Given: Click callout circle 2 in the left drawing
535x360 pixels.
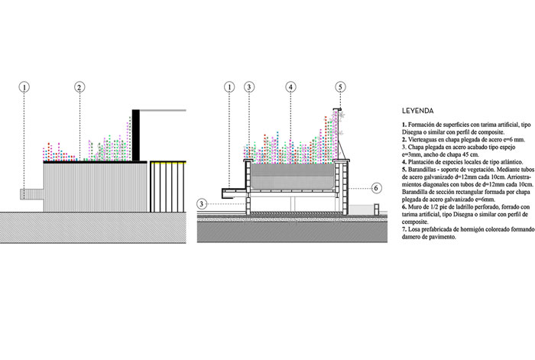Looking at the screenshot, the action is pyautogui.click(x=79, y=87).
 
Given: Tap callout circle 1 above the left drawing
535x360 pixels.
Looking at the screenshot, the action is pyautogui.click(x=24, y=87).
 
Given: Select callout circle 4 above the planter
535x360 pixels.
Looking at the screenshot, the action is pyautogui.click(x=290, y=87).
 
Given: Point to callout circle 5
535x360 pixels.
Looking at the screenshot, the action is pyautogui.click(x=340, y=87).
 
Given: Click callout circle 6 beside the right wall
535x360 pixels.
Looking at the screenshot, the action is pyautogui.click(x=376, y=187).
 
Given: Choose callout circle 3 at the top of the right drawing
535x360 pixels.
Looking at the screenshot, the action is pyautogui.click(x=249, y=87).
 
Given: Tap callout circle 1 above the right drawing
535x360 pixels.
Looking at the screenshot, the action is pyautogui.click(x=230, y=87).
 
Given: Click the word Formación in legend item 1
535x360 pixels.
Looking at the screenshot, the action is pyautogui.click(x=424, y=122).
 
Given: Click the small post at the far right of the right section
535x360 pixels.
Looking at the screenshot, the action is pyautogui.click(x=376, y=209).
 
